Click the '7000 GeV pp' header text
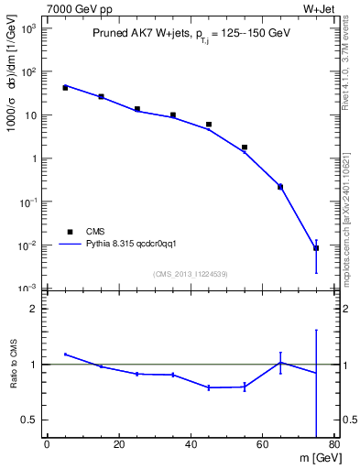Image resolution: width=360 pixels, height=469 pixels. (80, 8)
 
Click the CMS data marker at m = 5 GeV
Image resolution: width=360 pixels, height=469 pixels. (65, 88)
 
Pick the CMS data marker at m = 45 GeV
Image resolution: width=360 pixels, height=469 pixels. (209, 125)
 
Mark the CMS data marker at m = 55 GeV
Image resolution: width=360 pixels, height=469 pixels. (245, 147)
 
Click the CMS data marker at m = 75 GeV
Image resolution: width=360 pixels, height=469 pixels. (316, 248)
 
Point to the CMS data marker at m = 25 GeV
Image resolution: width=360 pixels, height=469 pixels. (137, 109)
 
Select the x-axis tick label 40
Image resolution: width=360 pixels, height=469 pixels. (191, 446)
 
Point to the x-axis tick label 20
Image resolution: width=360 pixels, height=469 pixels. (119, 446)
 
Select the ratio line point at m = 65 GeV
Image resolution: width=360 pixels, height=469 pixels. (280, 362)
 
